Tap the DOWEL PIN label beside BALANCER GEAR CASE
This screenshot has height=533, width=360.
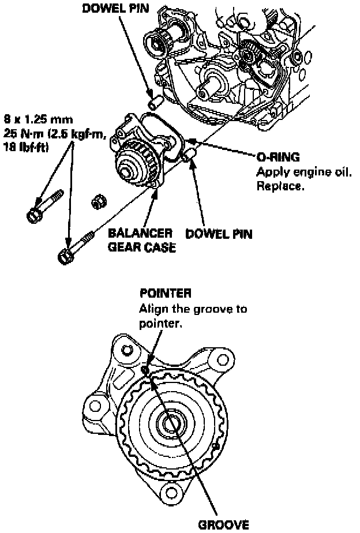pos(219,235)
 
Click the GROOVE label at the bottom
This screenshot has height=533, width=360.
pos(225,525)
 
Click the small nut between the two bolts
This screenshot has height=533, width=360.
pos(98,202)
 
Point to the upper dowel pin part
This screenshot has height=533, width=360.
pos(154,104)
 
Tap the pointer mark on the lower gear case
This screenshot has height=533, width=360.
pos(145,370)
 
